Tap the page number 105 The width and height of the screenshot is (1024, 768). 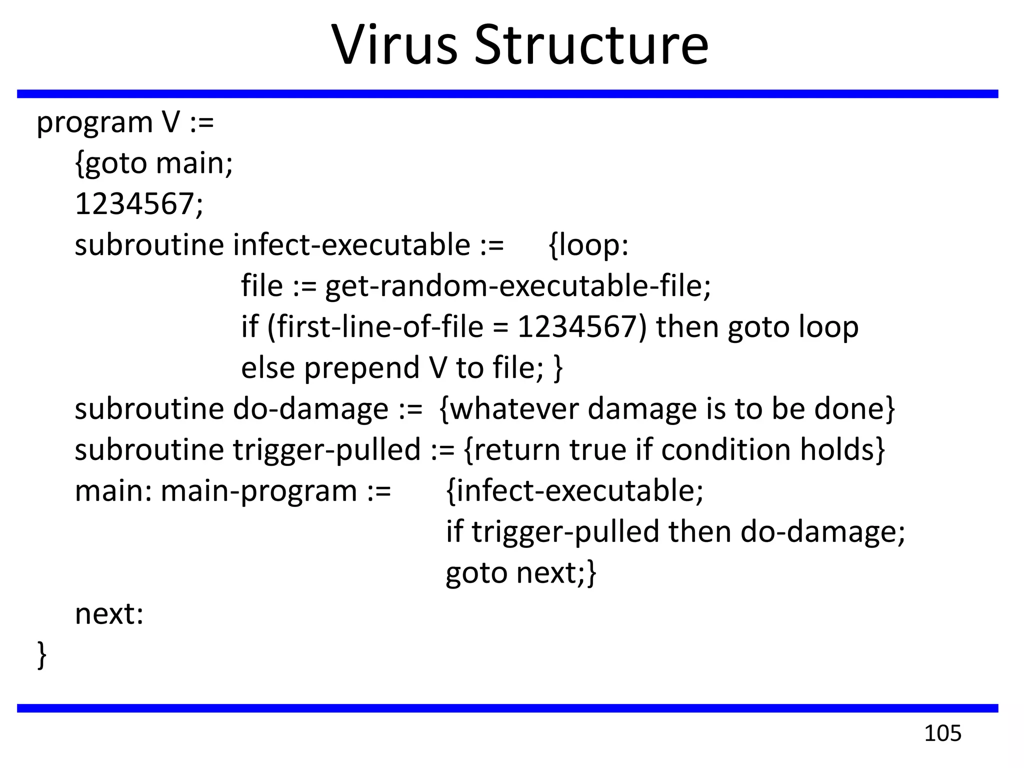[x=942, y=733]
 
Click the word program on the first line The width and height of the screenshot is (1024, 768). [x=94, y=123]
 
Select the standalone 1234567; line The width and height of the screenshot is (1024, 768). [x=139, y=204]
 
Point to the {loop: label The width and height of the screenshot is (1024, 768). [x=588, y=245]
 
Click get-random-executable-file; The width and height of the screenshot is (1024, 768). [x=517, y=286]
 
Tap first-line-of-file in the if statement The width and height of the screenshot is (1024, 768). [x=380, y=327]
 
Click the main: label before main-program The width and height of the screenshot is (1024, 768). [x=113, y=490]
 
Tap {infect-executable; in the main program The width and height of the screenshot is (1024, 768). [x=574, y=490]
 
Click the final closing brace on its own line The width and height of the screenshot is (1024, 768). [x=42, y=654]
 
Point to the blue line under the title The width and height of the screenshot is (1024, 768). [x=507, y=94]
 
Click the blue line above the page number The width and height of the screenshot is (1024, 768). [x=507, y=708]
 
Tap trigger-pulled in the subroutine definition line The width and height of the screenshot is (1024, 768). [x=326, y=450]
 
